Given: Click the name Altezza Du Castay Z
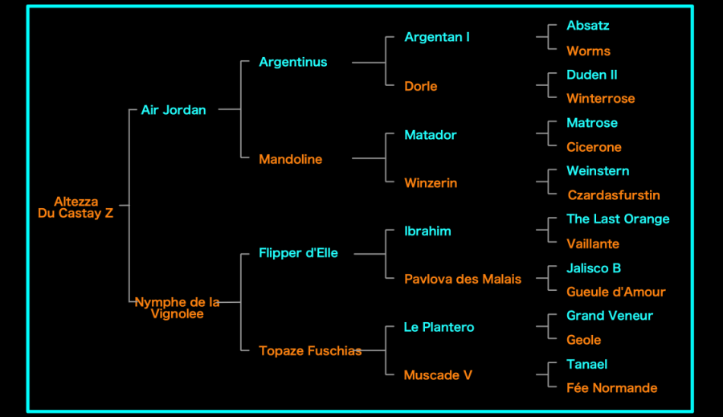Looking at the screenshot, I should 76,207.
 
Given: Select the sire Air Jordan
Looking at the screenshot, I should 174,110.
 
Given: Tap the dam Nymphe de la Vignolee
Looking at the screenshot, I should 177,308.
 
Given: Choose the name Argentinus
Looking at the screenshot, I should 292,62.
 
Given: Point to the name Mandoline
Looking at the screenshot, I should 290,159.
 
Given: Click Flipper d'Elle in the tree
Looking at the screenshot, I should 298,253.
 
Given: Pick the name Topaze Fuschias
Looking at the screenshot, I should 309,350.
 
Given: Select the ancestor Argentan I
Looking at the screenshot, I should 437,37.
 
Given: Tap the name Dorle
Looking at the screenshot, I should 421,86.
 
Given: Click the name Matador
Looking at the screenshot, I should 430,135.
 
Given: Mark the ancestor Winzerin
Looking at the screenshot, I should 431,183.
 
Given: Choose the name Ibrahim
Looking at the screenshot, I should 427,231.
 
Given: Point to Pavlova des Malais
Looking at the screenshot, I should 463,279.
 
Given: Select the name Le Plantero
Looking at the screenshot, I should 439,327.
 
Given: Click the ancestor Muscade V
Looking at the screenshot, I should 438,375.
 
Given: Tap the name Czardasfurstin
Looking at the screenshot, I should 614,195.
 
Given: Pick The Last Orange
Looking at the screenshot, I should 618,219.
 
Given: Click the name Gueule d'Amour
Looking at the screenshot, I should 615,292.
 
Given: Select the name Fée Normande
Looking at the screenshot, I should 611,388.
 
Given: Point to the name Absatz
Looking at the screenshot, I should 587,26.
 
